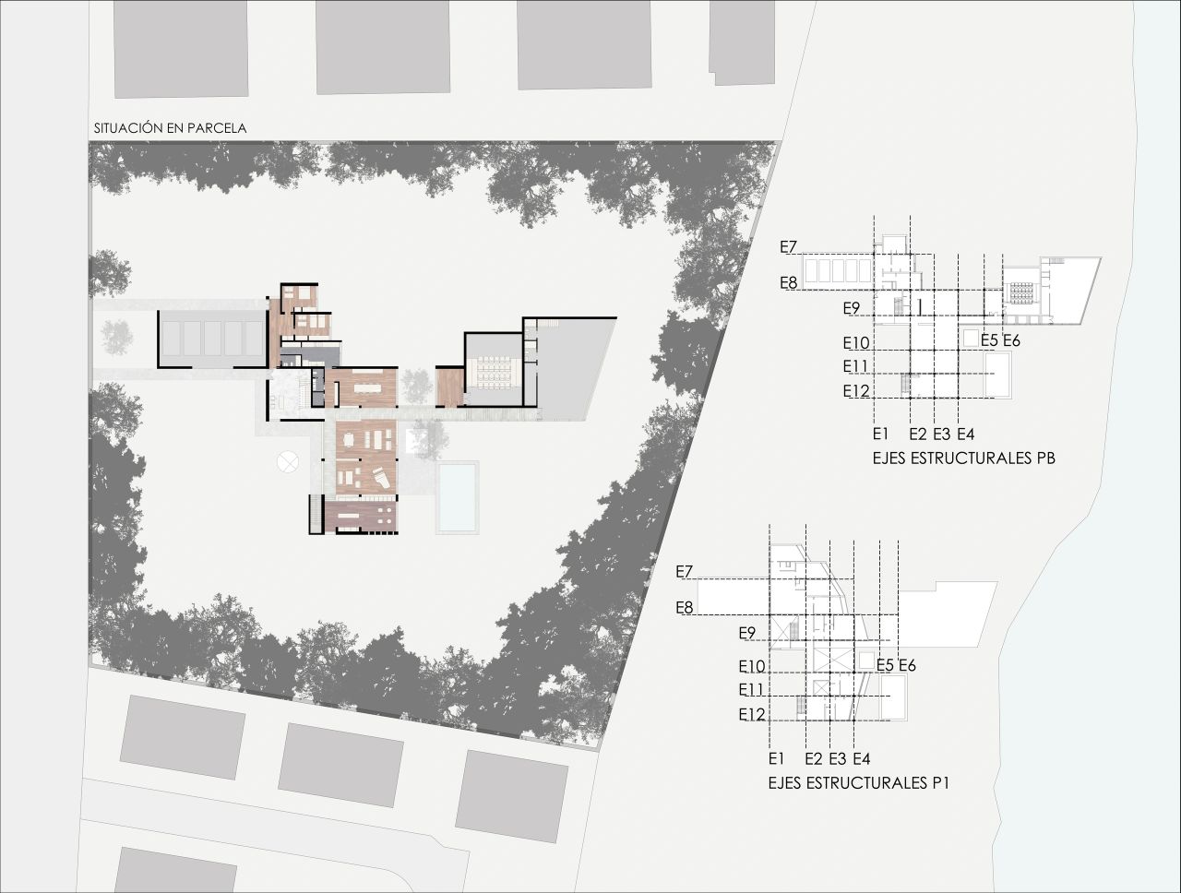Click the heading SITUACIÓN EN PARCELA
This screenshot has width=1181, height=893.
[170, 128]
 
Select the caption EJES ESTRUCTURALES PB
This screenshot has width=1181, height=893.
[963, 458]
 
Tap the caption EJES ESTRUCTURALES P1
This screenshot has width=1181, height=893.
[859, 783]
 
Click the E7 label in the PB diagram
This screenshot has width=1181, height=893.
[788, 247]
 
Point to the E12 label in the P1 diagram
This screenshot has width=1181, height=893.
[752, 715]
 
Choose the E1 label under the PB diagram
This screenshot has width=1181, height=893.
[880, 434]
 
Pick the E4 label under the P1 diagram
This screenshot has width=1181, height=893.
[862, 758]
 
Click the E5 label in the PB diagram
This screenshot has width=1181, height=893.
[989, 340]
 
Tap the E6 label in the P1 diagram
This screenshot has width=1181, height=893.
[907, 665]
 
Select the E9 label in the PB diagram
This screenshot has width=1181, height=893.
[852, 309]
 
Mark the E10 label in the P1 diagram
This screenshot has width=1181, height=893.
[752, 667]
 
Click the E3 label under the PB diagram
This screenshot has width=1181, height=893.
[942, 434]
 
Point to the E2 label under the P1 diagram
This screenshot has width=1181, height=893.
[814, 758]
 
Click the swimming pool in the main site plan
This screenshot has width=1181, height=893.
[458, 497]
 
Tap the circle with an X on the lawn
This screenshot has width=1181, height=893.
[287, 461]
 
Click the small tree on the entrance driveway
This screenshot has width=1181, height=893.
[117, 336]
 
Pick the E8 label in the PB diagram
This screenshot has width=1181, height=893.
[788, 283]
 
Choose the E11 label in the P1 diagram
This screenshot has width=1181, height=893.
[751, 690]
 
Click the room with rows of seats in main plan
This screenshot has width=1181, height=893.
[494, 370]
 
